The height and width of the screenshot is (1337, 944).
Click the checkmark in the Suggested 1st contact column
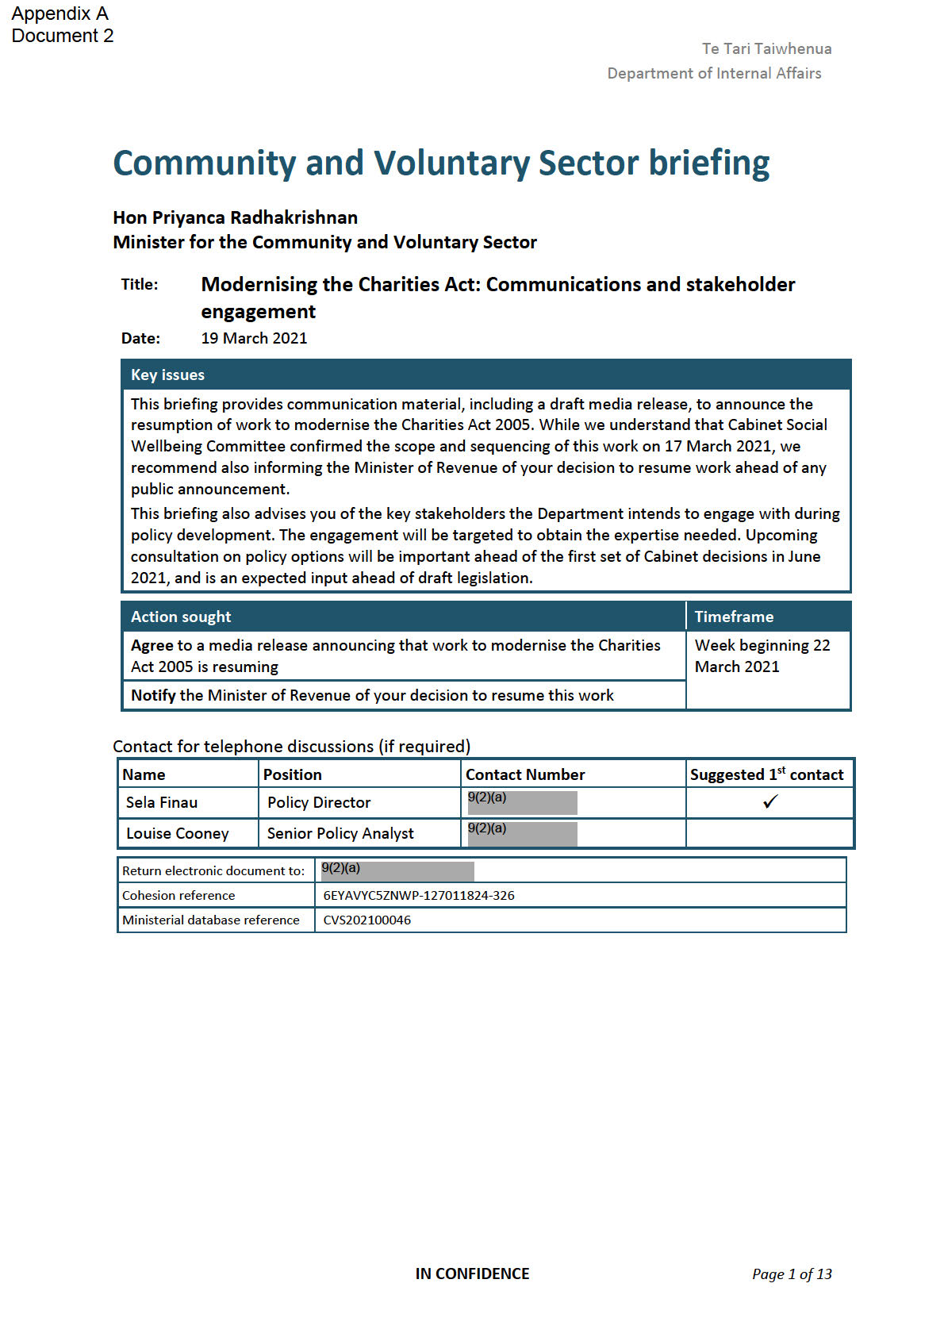pos(769,802)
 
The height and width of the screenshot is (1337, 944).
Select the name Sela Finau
pos(162,802)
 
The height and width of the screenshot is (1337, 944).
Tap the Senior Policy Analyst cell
pos(340,833)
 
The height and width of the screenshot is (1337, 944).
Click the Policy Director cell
pos(319,802)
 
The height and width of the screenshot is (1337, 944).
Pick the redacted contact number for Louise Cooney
pos(522,833)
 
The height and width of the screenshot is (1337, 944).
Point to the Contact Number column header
pos(525,774)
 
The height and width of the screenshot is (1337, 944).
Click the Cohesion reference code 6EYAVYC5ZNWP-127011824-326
pos(419,895)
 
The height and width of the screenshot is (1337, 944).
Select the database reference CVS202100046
pos(367,920)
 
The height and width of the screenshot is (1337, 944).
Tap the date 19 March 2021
pos(254,338)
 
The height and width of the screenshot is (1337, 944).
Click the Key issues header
pos(167,375)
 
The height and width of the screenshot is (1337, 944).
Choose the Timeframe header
pos(734,617)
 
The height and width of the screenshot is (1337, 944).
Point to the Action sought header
pos(181,617)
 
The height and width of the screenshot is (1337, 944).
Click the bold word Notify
pos(153,695)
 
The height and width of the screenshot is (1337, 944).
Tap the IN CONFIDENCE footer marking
pos(472,1274)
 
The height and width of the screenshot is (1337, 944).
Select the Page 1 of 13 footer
pos(792,1274)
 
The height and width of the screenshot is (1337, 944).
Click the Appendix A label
pos(59,13)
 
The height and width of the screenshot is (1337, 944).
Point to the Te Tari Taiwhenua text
pos(766,48)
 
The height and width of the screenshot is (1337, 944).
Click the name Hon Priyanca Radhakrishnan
pos(235,217)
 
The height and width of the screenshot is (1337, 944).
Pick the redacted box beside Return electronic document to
pos(397,871)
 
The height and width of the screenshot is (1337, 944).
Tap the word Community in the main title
pos(205,163)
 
